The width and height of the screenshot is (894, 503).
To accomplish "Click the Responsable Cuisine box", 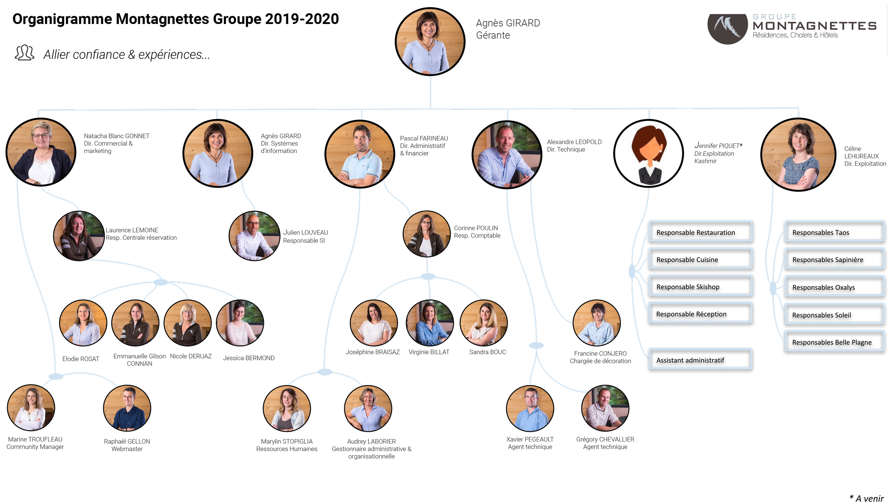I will tap(701, 259).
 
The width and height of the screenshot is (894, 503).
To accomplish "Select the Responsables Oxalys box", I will tap(834, 287).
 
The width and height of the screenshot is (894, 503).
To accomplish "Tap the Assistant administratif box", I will tap(700, 360).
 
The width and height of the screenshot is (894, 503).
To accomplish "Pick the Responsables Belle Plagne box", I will tap(834, 342).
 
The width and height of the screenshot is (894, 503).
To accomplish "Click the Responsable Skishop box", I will tap(701, 286).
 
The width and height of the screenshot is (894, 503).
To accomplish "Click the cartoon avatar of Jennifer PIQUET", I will tap(649, 153).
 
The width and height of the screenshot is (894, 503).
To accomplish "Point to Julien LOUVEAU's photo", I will tap(254, 236).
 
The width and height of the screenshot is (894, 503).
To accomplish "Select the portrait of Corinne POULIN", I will tap(426, 234).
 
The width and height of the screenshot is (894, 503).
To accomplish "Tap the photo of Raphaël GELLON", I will tap(127, 408).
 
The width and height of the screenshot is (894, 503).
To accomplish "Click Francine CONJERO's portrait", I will tap(596, 323).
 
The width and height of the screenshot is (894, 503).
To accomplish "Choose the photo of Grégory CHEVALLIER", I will tap(605, 408).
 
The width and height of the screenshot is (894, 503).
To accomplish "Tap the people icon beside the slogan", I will tap(24, 53).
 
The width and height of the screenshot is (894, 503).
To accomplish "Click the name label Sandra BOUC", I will tap(487, 352).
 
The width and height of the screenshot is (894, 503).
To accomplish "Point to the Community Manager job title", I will tap(35, 447).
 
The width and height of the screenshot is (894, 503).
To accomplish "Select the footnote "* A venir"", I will tap(866, 498).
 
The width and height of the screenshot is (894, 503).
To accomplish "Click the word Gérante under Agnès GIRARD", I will tap(493, 35).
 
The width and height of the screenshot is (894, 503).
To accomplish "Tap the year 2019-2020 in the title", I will tap(302, 19).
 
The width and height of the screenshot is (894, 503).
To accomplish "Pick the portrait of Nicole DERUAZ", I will tap(187, 323).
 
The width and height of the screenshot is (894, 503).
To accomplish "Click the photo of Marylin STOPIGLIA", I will tap(286, 408).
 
